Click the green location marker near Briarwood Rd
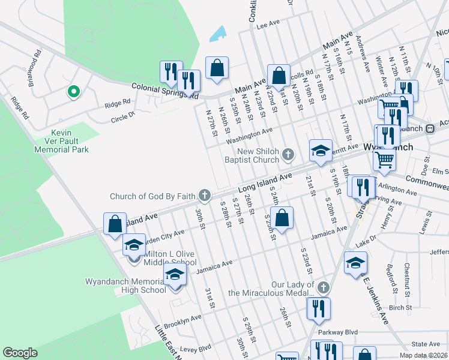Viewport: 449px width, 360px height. click(73, 92)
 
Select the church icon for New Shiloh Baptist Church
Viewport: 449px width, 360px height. click(288, 155)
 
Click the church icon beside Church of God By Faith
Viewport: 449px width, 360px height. click(205, 195)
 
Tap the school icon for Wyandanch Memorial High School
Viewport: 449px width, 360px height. click(174, 275)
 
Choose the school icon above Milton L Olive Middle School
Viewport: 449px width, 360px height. click(134, 245)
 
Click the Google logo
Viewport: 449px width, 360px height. click(20, 353)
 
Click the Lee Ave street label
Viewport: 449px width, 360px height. click(268, 23)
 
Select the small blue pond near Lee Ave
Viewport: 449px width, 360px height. click(218, 34)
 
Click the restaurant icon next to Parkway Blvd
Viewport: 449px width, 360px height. click(318, 308)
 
